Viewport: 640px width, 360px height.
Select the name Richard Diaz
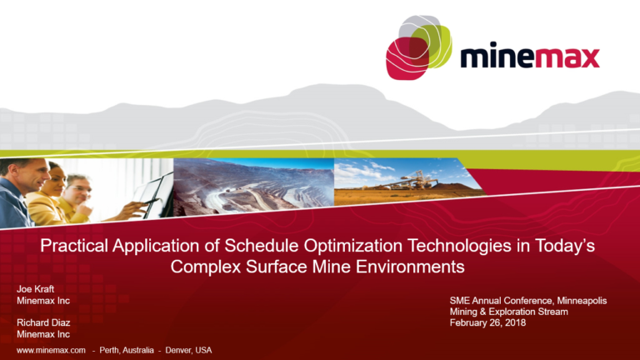tap(39, 322)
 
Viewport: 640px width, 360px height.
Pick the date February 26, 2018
tap(485, 322)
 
